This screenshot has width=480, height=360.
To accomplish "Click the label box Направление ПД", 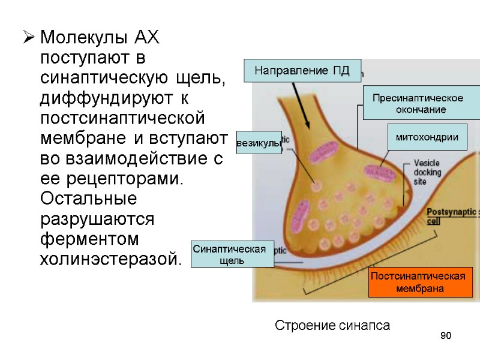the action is [302, 70].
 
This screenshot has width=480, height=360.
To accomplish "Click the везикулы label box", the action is [259, 143].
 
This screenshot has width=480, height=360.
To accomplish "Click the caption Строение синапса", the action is [332, 326].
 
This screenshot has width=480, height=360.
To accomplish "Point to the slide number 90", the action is [445, 335].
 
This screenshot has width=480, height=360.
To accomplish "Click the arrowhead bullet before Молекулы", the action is [27, 40].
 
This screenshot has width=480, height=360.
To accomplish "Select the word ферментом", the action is [89, 239].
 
